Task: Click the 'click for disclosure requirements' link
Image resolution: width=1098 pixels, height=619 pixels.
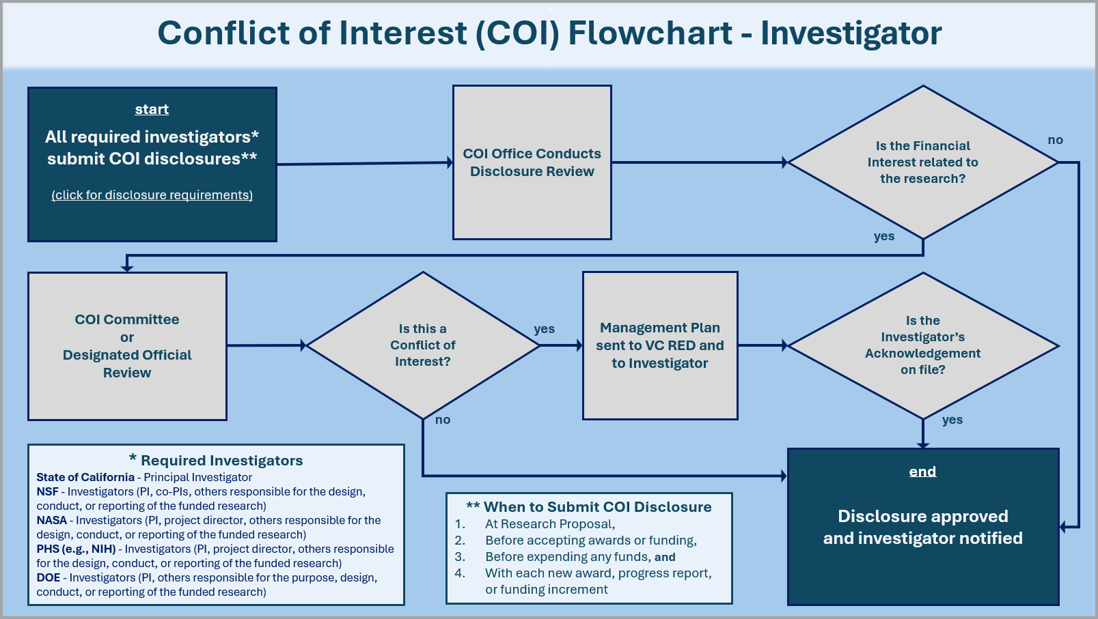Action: (x=152, y=195)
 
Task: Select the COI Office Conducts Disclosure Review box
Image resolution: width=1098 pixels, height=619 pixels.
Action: (x=532, y=162)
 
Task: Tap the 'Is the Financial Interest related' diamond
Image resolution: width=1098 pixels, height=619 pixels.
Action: (x=922, y=162)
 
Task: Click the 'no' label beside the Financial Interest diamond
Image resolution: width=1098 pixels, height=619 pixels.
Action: (x=1055, y=140)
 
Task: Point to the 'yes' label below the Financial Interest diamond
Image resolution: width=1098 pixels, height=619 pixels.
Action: (x=883, y=236)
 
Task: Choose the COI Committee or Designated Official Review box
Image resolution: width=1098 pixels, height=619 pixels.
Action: (x=127, y=346)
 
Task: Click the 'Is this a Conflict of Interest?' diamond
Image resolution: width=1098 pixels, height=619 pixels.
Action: (x=422, y=345)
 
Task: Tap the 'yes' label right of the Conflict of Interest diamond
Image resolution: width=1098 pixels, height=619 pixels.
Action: (x=544, y=329)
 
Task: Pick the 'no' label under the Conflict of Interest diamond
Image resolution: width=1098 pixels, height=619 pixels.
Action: (x=443, y=420)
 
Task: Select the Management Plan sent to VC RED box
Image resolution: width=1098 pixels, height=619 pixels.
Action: (x=659, y=345)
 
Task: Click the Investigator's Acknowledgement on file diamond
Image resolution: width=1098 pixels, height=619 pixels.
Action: (x=922, y=345)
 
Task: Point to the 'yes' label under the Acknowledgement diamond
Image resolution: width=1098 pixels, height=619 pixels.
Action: (x=952, y=420)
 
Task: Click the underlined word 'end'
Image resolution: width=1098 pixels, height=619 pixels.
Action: (x=922, y=472)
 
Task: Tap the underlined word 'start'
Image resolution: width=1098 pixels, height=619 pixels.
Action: (x=152, y=109)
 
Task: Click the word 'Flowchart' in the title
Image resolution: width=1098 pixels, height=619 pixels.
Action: (x=650, y=33)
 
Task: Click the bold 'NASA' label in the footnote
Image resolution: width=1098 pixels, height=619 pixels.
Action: (x=51, y=520)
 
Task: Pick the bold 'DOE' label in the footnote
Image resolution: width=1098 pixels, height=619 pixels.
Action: (x=48, y=577)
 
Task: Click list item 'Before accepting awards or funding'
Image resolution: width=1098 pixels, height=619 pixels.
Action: (x=590, y=541)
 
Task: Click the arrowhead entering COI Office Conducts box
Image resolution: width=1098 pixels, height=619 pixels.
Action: (x=450, y=162)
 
